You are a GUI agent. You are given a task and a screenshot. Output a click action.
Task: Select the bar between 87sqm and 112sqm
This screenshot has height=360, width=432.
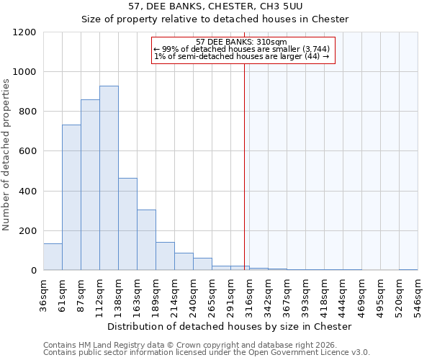pos(90,185)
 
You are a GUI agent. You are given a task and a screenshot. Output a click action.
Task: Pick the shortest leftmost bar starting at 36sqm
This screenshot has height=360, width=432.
pos(53,257)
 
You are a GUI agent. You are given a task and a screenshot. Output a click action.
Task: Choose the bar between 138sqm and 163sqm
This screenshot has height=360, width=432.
pos(127,224)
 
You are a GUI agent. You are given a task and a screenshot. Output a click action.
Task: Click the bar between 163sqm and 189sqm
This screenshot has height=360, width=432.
pos(146,240)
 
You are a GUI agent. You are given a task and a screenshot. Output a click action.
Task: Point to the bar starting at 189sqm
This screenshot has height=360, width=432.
pos(165,256)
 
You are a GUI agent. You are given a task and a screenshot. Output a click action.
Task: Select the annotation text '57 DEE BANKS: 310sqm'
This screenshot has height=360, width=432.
pos(241,42)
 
